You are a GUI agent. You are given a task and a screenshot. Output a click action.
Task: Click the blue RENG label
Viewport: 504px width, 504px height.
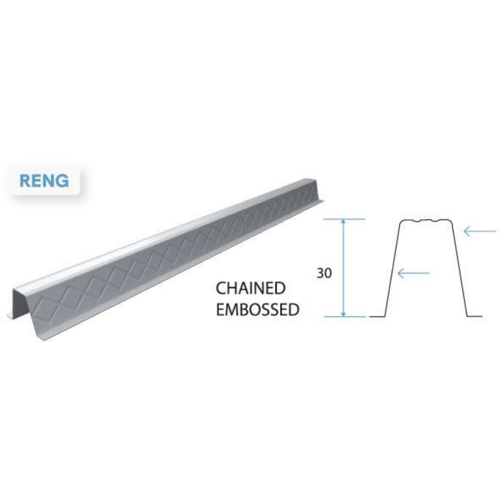pyautogui.click(x=44, y=180)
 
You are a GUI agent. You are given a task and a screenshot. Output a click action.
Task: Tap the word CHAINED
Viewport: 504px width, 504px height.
pyautogui.click(x=251, y=288)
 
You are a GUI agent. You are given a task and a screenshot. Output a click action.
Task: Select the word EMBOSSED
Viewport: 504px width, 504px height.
pyautogui.click(x=257, y=310)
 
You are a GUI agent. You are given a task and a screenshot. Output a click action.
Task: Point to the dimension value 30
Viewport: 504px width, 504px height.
pyautogui.click(x=324, y=274)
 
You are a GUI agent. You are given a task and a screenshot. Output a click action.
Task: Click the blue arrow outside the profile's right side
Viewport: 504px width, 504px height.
pyautogui.click(x=480, y=230)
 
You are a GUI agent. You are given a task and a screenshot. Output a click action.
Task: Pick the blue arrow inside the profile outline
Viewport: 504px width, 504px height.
pyautogui.click(x=413, y=272)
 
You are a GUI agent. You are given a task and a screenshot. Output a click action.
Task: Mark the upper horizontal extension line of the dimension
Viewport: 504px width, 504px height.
pyautogui.click(x=344, y=219)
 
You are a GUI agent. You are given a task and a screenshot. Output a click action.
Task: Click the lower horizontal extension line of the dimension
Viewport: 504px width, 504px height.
pyautogui.click(x=344, y=316)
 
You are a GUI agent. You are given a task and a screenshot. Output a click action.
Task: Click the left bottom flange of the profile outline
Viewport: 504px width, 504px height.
pyautogui.click(x=378, y=316)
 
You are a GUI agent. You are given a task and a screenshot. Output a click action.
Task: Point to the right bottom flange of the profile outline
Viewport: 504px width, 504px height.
pyautogui.click(x=474, y=316)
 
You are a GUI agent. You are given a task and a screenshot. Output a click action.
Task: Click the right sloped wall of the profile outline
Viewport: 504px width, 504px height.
pyautogui.click(x=459, y=268)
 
